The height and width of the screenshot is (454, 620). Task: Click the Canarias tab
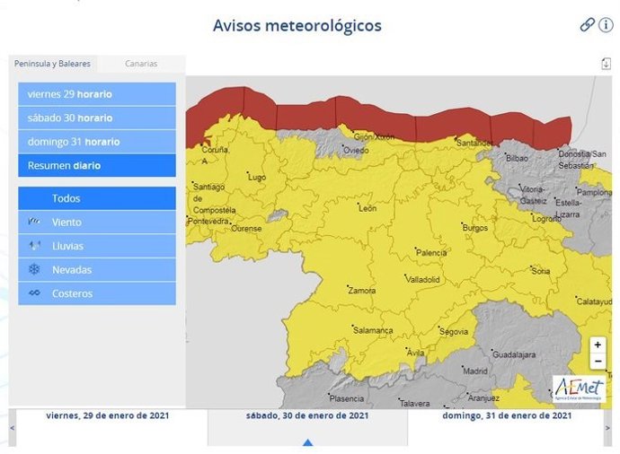click(141, 64)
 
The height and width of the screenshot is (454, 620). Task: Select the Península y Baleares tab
click(52, 64)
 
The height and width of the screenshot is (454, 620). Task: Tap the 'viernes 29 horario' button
click(96, 94)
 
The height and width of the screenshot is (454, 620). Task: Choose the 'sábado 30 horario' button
click(96, 118)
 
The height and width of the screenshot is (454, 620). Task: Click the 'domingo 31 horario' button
click(96, 142)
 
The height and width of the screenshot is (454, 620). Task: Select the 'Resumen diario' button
click(96, 165)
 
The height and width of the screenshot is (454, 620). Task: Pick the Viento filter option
click(96, 222)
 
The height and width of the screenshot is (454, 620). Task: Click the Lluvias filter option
click(96, 246)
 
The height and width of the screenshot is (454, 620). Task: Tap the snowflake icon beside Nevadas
click(34, 269)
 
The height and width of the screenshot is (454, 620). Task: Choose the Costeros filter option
click(96, 293)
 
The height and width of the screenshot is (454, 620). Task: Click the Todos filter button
click(96, 198)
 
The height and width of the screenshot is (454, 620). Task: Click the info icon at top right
click(607, 25)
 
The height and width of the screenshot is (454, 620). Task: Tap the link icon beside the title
click(587, 25)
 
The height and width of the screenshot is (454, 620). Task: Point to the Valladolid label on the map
click(422, 280)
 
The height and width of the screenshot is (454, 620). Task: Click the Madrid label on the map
click(474, 371)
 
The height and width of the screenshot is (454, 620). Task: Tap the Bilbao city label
click(517, 158)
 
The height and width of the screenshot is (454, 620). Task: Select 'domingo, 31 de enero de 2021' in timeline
click(508, 415)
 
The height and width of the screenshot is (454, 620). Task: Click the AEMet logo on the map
click(578, 388)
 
